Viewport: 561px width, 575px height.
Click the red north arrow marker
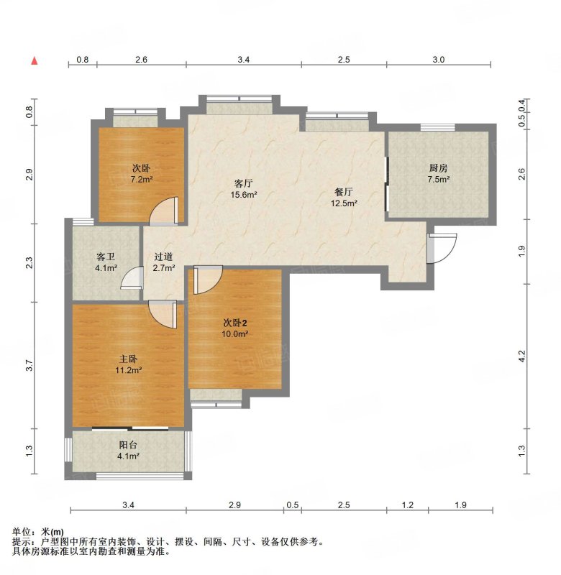pos(35,60)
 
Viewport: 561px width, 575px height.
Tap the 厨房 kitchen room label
pos(439,168)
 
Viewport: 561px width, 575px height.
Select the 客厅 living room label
pos(243,183)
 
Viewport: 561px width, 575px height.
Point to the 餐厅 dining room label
pos(344,192)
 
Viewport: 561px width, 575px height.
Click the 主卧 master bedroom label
pos(129,359)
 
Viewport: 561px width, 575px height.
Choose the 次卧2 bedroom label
pos(235,323)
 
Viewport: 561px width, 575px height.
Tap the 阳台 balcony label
pos(129,445)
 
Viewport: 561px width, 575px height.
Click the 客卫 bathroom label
pos(106,257)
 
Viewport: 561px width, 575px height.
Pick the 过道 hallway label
pos(163,257)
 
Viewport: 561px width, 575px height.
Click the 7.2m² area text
pos(142,179)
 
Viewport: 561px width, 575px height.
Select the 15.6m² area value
pos(243,194)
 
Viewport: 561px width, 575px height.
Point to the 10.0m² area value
pos(235,333)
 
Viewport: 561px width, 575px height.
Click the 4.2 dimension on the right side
pos(522,356)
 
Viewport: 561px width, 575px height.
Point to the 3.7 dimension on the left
pos(29,366)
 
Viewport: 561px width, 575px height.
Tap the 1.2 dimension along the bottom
pos(408,505)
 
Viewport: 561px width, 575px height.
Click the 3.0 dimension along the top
pos(439,60)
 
